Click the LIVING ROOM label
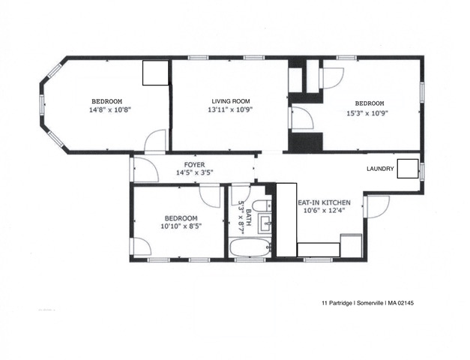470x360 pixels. pos(230,101)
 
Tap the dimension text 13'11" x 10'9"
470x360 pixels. pos(230,110)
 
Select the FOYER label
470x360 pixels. pos(195,164)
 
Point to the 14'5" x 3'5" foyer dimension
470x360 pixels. pos(195,173)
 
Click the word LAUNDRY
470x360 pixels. pos(380,169)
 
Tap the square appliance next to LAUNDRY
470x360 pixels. pos(408,169)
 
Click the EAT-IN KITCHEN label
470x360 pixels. pos(324,202)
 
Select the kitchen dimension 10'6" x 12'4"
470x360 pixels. pos(324,211)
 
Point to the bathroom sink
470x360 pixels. pos(263,222)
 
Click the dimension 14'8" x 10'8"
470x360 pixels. pos(106,110)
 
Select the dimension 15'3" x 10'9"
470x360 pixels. pos(369,112)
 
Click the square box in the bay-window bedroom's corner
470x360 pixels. pos(156,73)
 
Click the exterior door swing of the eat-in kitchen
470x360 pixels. pos(377,205)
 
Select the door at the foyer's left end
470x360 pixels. pos(145,171)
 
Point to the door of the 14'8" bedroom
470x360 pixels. pos(156,140)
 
